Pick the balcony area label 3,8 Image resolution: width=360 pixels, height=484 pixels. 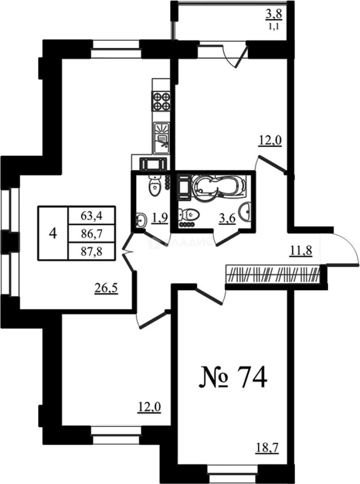[273, 14]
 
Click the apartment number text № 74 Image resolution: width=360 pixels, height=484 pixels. [233, 378]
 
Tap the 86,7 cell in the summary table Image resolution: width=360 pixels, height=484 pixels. [91, 233]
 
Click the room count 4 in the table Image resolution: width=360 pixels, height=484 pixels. [53, 233]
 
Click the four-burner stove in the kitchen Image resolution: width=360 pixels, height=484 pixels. [161, 101]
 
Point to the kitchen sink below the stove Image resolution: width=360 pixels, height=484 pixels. [161, 135]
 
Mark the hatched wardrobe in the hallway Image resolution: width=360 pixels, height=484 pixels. [273, 273]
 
